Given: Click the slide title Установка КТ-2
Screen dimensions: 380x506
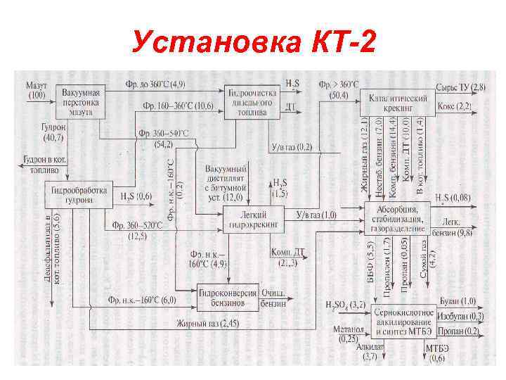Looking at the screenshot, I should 253,44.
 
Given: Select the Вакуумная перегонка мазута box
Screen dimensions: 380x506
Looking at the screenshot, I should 80,102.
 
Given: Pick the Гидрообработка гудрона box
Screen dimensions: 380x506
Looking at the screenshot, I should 80,195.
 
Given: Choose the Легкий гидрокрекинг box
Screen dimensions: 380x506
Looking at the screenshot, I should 254,219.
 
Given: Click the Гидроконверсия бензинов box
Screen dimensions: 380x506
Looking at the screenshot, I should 222,299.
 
